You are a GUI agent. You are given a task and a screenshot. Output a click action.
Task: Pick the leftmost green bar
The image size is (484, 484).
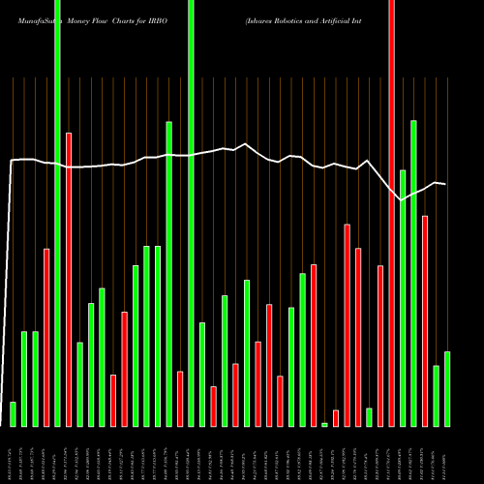click(13, 413)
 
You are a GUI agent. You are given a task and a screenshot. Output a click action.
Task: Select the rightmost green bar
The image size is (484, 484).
click(447, 388)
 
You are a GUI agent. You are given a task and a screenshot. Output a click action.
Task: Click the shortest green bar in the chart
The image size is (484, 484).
click(324, 424)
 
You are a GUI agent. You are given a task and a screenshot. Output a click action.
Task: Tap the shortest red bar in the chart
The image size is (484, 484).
click(336, 417)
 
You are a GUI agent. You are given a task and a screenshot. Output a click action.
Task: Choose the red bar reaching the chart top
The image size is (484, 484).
click(391, 213)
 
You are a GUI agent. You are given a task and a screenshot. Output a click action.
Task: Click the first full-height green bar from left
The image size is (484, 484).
click(57, 213)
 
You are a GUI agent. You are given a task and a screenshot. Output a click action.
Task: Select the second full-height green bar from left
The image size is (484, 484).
click(191, 213)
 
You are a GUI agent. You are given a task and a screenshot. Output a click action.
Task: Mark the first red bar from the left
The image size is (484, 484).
click(46, 337)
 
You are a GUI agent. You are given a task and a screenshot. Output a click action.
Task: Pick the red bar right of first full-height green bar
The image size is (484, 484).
click(69, 279)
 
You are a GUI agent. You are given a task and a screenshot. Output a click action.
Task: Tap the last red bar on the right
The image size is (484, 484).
click(425, 320)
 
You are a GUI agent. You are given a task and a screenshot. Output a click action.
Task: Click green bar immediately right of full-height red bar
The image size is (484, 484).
click(403, 297)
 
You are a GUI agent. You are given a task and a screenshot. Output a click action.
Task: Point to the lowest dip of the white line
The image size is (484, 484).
click(403, 200)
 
